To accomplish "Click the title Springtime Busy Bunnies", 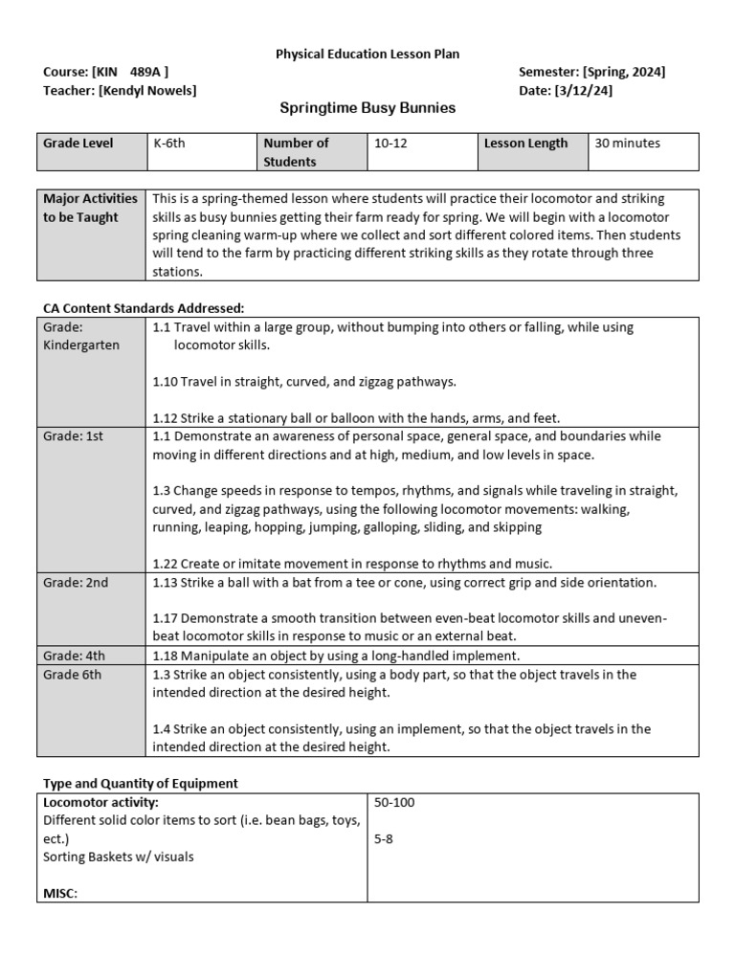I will click(x=367, y=108).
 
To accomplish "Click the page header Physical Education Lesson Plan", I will click(x=367, y=55).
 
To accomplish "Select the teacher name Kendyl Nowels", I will click(x=153, y=90).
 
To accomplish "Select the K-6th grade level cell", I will click(x=169, y=144).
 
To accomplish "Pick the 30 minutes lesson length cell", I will click(x=628, y=144).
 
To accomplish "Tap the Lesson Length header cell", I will click(x=525, y=144).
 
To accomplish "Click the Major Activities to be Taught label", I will click(x=91, y=208).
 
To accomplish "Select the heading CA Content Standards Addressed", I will click(x=144, y=308).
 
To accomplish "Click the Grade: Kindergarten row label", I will click(x=81, y=336).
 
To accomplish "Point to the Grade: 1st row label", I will click(x=72, y=436).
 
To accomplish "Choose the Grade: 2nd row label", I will click(x=76, y=582).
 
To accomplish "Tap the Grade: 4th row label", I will click(x=74, y=656).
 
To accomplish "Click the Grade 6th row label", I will click(x=72, y=674).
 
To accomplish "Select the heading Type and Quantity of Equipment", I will click(x=141, y=783).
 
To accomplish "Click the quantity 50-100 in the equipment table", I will click(x=394, y=802).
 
